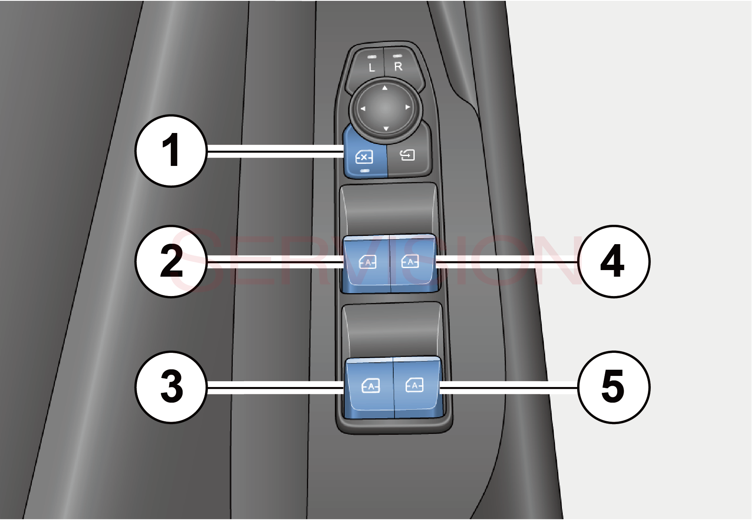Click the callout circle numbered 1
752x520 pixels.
click(x=171, y=151)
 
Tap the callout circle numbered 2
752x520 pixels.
click(x=171, y=261)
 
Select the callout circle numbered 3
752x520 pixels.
click(x=171, y=387)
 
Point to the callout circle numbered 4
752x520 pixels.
click(x=613, y=261)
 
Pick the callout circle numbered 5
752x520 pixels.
click(x=613, y=387)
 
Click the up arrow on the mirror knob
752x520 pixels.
click(x=385, y=88)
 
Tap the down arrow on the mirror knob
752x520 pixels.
click(x=386, y=129)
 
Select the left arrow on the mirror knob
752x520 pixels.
click(x=363, y=109)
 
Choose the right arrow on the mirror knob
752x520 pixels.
click(x=408, y=107)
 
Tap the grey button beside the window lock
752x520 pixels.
click(x=408, y=156)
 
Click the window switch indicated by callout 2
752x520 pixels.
click(x=367, y=262)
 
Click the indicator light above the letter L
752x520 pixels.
click(x=372, y=56)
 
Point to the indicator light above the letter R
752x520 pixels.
click(x=397, y=56)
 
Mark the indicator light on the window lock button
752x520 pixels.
click(x=365, y=170)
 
